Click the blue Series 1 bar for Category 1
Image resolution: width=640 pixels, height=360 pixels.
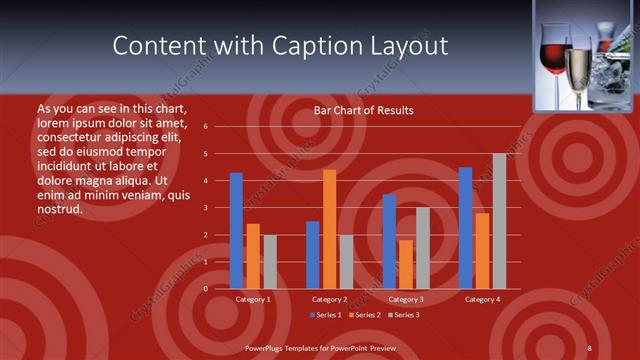click(236, 231)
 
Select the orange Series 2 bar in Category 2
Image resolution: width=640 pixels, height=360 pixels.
click(329, 229)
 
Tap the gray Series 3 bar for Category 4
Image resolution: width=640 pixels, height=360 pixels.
click(499, 221)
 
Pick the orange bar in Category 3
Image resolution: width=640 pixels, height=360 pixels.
click(406, 264)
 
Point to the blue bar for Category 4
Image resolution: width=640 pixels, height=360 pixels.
click(465, 228)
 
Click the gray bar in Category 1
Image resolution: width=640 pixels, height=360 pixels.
click(270, 262)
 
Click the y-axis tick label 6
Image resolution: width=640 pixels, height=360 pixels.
click(204, 127)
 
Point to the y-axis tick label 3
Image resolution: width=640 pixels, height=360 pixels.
click(204, 208)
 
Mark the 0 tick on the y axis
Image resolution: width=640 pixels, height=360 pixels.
click(204, 289)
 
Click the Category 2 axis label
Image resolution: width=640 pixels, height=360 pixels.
click(329, 299)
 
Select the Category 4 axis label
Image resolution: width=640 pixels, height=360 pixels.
click(482, 299)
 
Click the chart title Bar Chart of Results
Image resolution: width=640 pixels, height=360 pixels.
click(363, 110)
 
